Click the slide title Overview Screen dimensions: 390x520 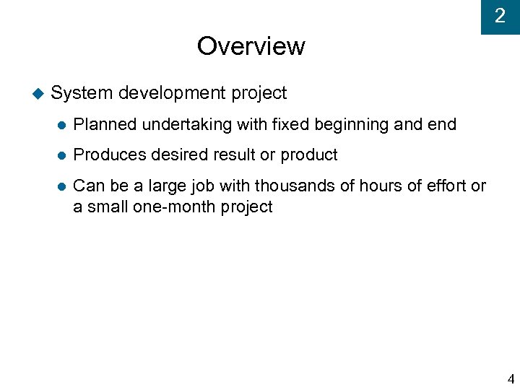251,46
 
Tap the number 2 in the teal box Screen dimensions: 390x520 500,15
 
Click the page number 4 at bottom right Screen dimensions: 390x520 511,378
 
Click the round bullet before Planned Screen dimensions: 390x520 61,125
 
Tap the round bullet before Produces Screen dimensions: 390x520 61,155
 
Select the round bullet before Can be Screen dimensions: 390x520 61,186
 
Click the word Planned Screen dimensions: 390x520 105,124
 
